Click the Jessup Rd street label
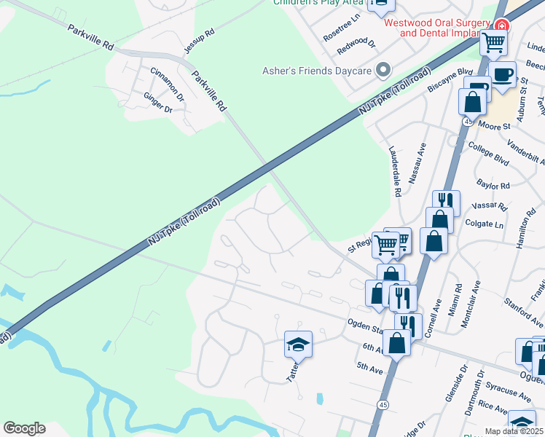coord(200,42)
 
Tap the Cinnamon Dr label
coord(168,83)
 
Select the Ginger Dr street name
coord(158,103)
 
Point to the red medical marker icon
coord(500,25)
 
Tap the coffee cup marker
coord(502,74)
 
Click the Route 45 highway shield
coord(383,403)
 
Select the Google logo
coord(24,428)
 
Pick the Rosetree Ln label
coord(342,28)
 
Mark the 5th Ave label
coord(371,370)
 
